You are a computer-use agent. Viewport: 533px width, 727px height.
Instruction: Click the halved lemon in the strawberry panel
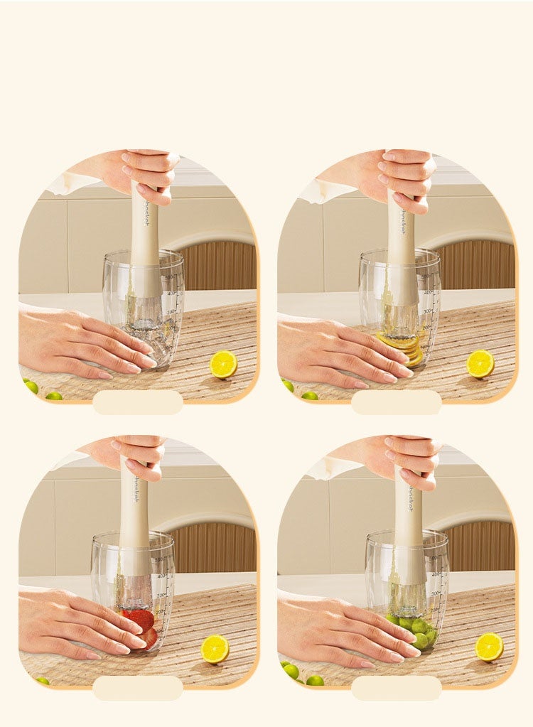pyautogui.click(x=215, y=648)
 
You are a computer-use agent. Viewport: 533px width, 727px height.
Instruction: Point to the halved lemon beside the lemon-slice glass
pyautogui.click(x=480, y=363)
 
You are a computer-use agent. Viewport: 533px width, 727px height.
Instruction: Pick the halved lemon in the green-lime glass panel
pyautogui.click(x=489, y=647)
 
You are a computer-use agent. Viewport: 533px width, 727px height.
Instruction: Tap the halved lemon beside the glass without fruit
pyautogui.click(x=223, y=364)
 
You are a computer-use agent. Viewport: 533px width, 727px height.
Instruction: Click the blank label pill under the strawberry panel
pyautogui.click(x=138, y=687)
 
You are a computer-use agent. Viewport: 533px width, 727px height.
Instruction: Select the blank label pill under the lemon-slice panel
pyautogui.click(x=397, y=402)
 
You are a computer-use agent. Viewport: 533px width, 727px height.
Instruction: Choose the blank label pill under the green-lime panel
pyautogui.click(x=397, y=687)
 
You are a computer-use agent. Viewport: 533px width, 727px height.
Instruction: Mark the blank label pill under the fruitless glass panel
pyautogui.click(x=138, y=402)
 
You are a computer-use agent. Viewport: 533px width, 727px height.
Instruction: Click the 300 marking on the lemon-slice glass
pyautogui.click(x=427, y=311)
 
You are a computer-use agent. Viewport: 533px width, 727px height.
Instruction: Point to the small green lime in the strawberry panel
pyautogui.click(x=42, y=681)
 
